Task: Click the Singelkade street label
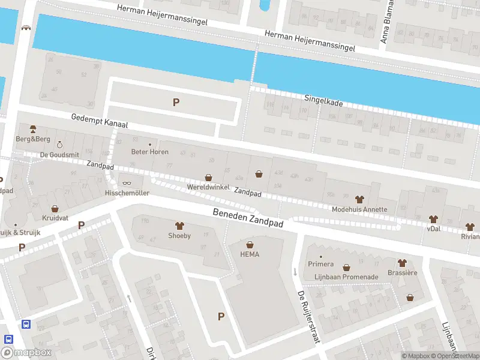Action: (x=323, y=100)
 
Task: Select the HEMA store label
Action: (x=250, y=254)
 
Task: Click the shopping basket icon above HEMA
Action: (x=250, y=244)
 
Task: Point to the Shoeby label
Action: (x=179, y=236)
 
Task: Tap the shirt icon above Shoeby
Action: (x=179, y=226)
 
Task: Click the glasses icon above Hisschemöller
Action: (x=127, y=183)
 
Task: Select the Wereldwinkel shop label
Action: (x=208, y=188)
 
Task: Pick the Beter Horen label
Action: (x=150, y=152)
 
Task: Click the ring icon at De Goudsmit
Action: (x=59, y=145)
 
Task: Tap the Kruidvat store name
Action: (x=55, y=218)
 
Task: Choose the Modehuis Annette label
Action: (x=359, y=209)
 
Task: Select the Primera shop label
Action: (x=320, y=263)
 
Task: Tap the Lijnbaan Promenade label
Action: (x=346, y=277)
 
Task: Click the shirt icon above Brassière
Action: (x=401, y=263)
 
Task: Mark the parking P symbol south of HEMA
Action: (x=221, y=316)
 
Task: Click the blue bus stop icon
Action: (x=26, y=324)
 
